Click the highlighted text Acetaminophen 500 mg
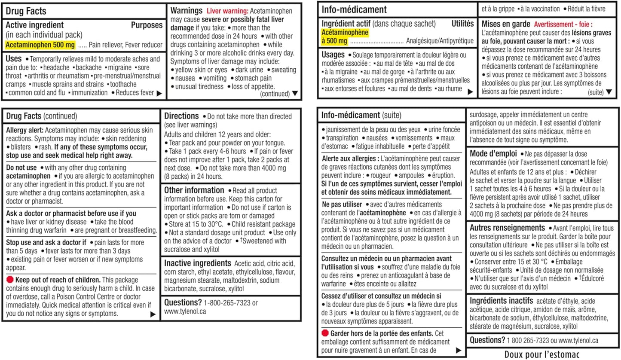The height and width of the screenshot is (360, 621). coord(40,45)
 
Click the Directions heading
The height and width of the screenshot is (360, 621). coord(182,116)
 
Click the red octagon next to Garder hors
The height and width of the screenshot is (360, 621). coord(325,333)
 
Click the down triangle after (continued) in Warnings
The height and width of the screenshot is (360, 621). coord(295,93)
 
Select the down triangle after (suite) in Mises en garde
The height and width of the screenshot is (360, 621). coord(609,92)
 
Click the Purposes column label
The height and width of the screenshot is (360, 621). coord(147,25)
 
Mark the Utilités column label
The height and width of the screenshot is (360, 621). coord(463,24)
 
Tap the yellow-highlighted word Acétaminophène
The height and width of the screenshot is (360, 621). coord(345,32)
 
